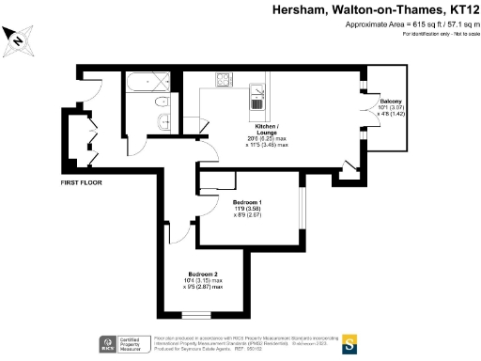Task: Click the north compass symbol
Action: coord(18,39)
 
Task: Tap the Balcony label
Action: coord(390,101)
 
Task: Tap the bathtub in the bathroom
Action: coord(145,83)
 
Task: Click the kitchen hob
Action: coord(225,80)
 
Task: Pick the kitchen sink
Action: coord(256,93)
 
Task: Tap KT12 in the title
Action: coord(457,8)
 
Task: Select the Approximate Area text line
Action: coord(414,24)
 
